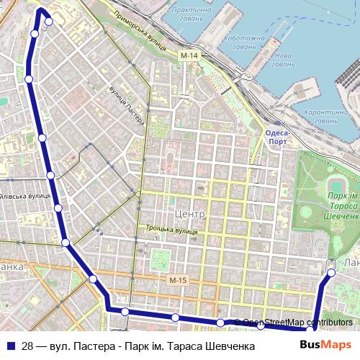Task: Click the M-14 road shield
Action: point(189,55)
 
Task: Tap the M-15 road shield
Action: point(178,280)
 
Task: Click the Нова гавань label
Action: point(284,60)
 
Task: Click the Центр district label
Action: point(190,215)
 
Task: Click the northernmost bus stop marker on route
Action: point(48,22)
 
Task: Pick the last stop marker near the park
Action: point(332,272)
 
